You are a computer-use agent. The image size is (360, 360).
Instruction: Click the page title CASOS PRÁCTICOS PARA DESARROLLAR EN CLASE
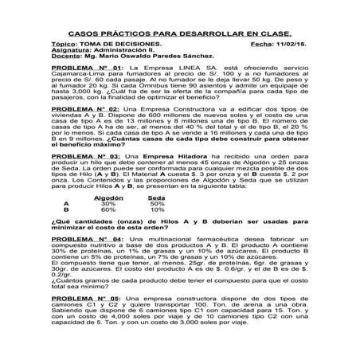(x=180, y=34)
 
